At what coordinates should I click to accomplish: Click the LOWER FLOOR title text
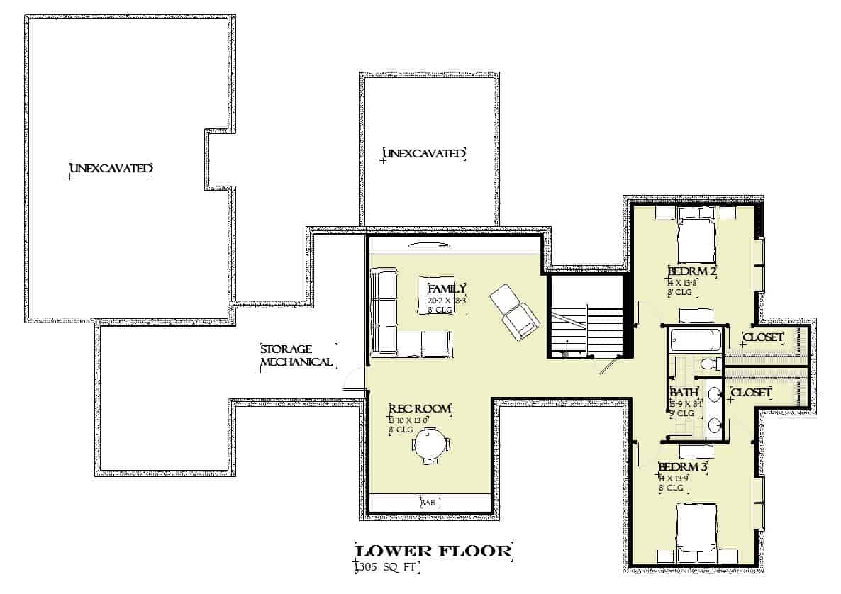[433, 551]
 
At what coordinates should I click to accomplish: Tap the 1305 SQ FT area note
[387, 567]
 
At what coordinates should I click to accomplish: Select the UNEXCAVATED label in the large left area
[111, 169]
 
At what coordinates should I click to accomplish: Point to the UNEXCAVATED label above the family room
[424, 153]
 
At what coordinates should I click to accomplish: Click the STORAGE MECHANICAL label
[296, 356]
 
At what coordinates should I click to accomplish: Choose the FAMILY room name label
[447, 288]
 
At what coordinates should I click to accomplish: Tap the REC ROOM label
[420, 409]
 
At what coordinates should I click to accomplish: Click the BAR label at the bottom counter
[430, 503]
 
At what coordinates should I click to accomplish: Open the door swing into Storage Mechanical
[352, 381]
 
